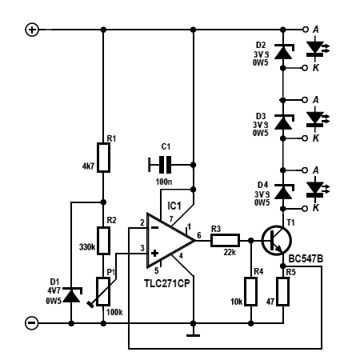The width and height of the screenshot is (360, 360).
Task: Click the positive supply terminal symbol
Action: pos(32,30)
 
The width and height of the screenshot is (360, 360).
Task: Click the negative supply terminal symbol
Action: pos(32,323)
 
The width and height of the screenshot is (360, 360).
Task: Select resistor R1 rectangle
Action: pos(103,158)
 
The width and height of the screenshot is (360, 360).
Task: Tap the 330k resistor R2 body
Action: pos(103,241)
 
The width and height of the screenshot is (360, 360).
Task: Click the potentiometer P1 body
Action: pos(103,291)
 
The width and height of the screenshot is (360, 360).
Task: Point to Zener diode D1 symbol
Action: pos(72,294)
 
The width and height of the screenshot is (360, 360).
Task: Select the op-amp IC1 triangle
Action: pos(170,240)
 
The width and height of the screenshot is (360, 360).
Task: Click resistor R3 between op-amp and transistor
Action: pos(226,240)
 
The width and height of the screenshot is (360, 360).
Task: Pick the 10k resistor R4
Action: pos(251,291)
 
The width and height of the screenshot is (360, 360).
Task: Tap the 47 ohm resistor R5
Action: pos(283,291)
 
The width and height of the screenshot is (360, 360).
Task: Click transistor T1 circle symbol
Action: pos(276,241)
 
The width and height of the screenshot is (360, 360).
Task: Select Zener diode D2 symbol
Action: pos(283,51)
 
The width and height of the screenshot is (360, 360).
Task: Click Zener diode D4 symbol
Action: pos(283,191)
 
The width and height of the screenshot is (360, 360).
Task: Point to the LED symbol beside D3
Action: pos(318,119)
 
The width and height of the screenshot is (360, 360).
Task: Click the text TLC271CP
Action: pos(167,283)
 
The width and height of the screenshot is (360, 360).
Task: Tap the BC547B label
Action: pos(306,258)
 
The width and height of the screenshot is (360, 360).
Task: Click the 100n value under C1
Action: pos(164,182)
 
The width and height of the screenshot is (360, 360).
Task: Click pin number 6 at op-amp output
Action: pos(199,235)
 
